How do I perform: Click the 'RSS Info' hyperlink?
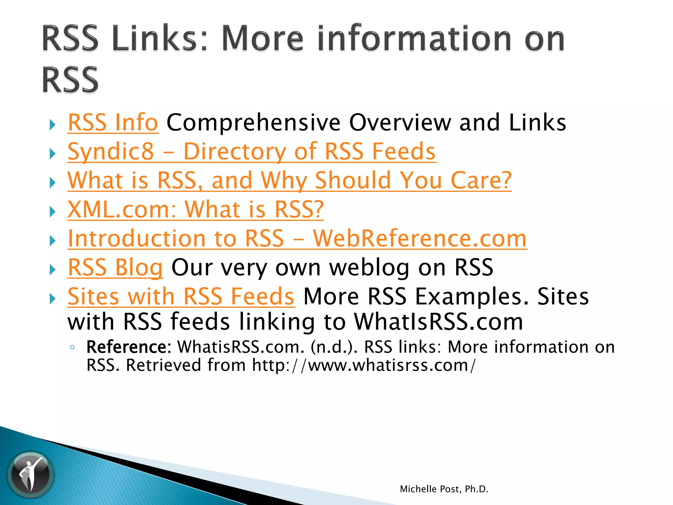pos(113,123)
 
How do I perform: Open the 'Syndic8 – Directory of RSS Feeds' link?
pos(251,152)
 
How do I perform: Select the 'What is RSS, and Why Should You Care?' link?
pos(289,180)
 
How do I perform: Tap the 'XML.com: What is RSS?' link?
pos(196,209)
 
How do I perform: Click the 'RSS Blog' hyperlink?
pos(115,267)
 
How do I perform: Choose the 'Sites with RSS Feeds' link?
pos(181,296)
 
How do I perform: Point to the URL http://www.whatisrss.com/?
pos(363,366)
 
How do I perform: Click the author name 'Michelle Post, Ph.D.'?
pos(444,489)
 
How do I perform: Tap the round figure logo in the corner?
pos(31,474)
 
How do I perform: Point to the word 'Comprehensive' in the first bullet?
pos(253,123)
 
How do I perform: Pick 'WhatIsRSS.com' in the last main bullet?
pos(438,322)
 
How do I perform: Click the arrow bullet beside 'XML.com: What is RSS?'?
pos(53,212)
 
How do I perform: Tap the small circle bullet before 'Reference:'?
pos(73,348)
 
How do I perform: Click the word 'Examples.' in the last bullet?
pos(472,296)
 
